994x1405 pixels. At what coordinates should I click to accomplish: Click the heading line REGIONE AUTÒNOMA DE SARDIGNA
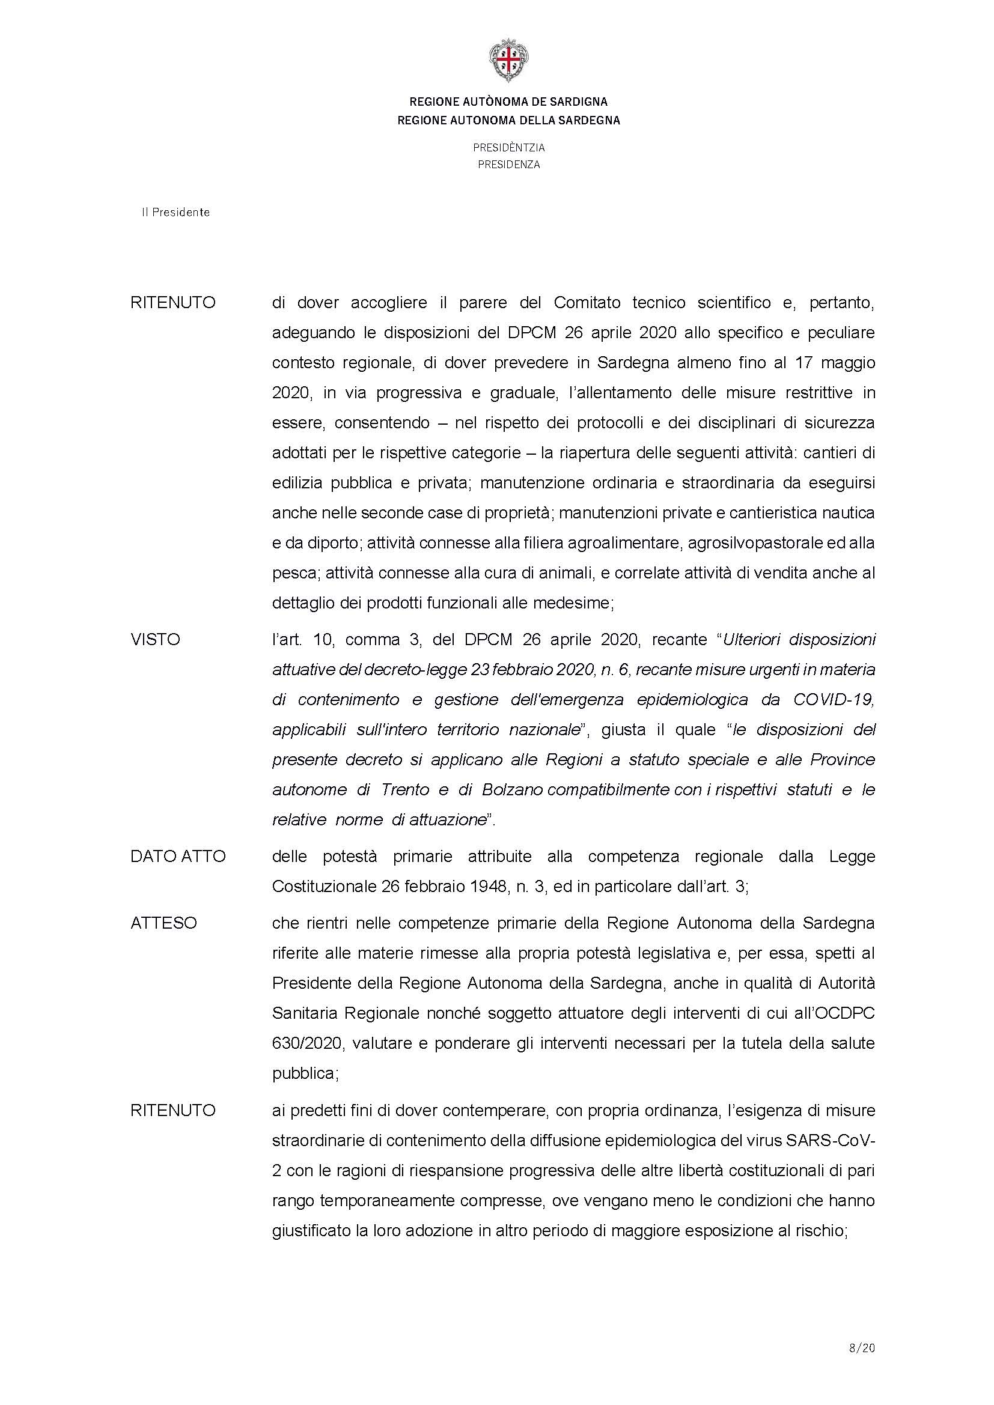508,102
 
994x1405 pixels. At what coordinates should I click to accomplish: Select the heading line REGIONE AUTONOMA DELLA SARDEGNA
508,121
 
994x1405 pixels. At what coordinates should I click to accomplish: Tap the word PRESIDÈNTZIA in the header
508,148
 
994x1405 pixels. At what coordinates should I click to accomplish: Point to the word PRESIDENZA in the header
508,165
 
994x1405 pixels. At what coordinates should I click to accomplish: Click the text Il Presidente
176,212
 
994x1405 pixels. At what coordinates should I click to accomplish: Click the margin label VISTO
156,640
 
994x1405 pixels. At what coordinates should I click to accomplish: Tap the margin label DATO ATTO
178,857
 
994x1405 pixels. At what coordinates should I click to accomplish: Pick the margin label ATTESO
164,923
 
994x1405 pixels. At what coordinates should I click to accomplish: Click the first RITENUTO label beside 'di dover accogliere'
173,303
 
